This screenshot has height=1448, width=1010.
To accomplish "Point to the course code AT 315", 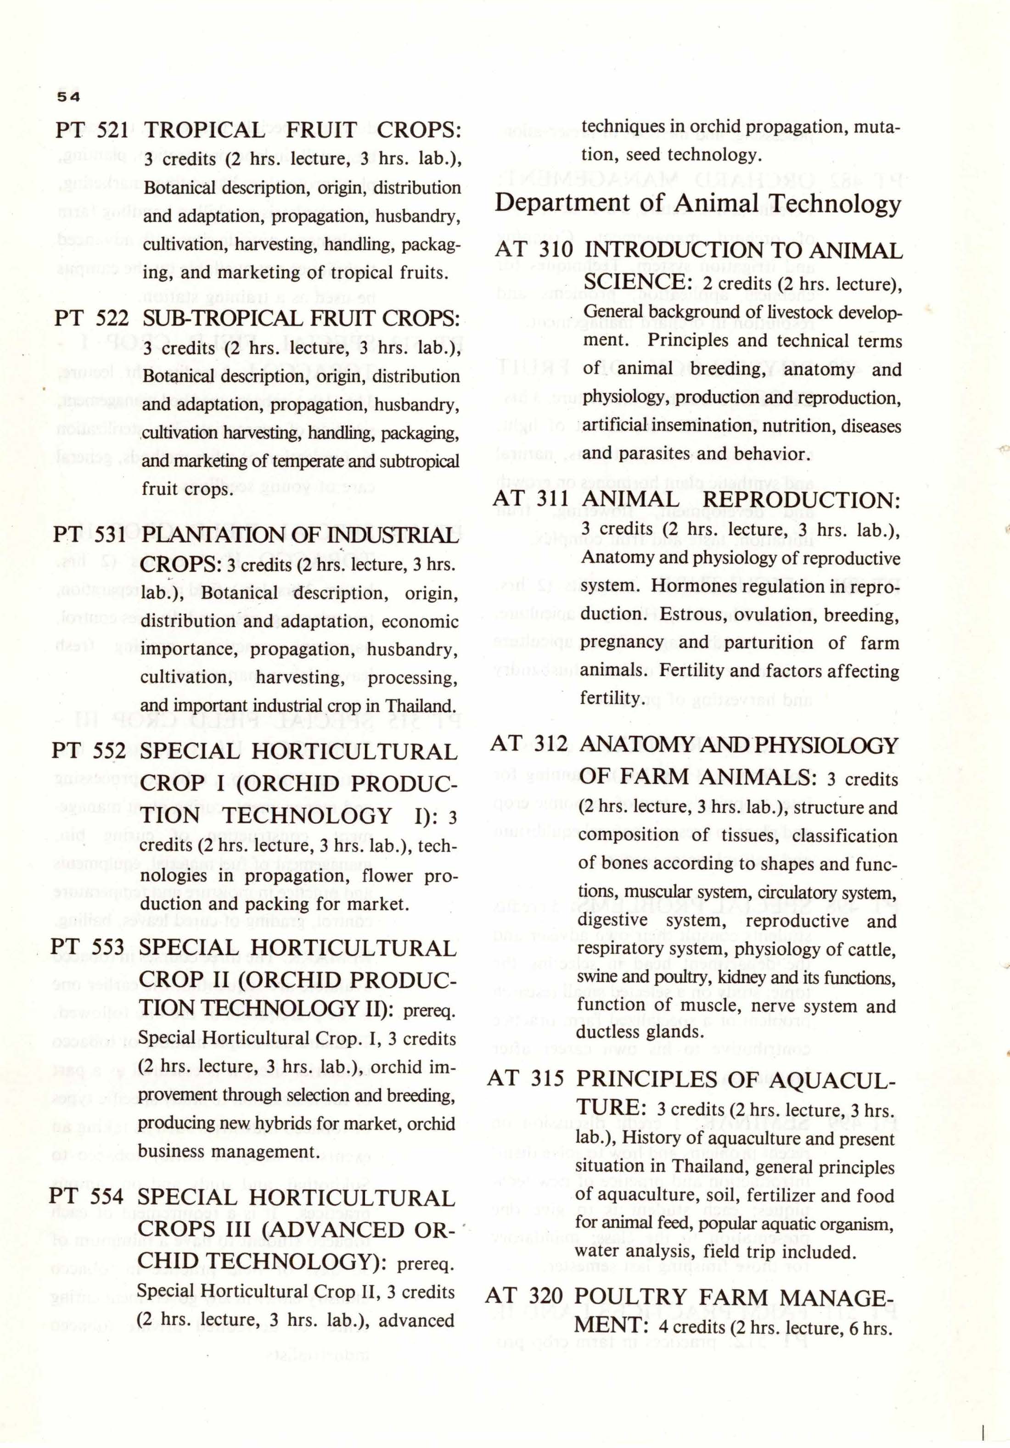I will point(526,1079).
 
